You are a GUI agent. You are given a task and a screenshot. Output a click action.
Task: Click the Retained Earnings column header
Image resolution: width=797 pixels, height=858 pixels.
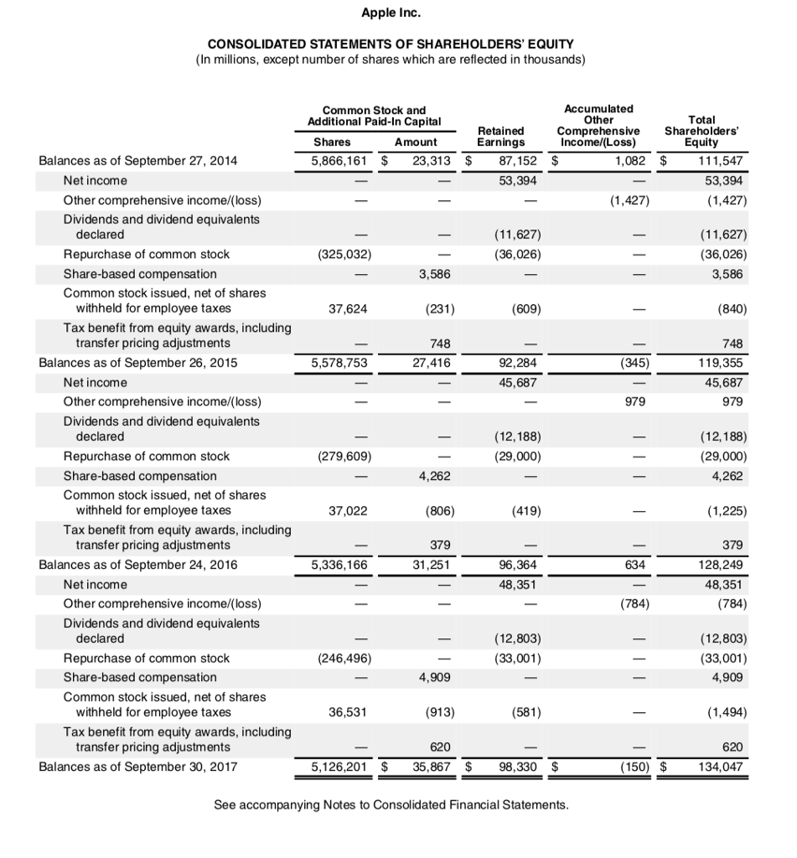click(x=500, y=137)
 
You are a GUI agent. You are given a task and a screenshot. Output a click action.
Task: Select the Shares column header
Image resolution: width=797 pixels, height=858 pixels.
click(x=333, y=142)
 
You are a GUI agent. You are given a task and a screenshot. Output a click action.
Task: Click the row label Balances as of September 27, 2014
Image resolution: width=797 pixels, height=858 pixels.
click(x=137, y=161)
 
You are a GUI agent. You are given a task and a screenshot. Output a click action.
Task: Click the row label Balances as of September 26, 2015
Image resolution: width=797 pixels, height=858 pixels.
click(x=137, y=363)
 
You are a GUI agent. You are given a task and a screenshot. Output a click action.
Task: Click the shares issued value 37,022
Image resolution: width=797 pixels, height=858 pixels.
click(x=347, y=509)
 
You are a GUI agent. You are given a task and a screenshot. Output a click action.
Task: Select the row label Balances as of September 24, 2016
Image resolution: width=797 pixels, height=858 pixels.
click(x=137, y=565)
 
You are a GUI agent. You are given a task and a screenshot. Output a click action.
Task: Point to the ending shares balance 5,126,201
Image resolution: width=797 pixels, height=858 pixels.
click(x=339, y=767)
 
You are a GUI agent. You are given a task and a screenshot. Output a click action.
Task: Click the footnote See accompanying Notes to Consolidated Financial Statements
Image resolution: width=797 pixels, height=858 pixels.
click(x=391, y=805)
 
